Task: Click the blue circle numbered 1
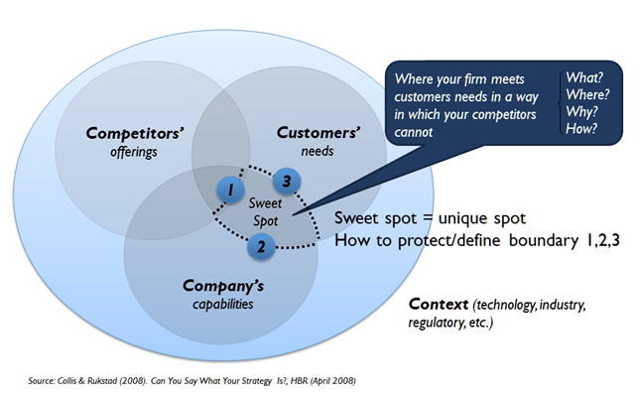(x=229, y=189)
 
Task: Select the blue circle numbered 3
(x=286, y=181)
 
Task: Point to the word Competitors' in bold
(x=125, y=133)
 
